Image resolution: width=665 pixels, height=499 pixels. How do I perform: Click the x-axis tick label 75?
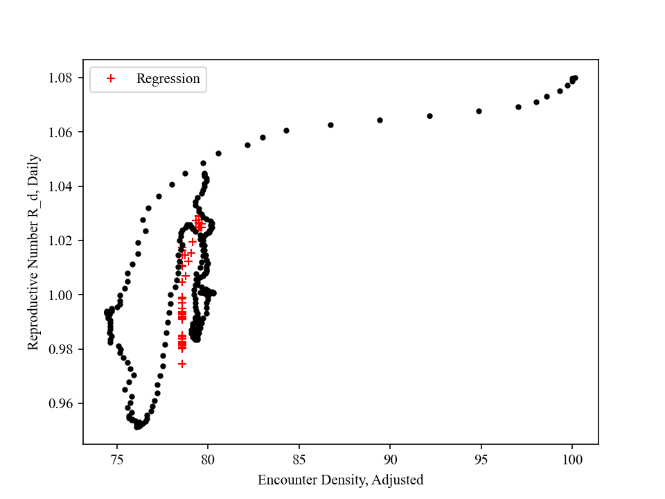(x=116, y=459)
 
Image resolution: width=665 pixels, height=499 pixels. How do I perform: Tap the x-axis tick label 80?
(x=208, y=459)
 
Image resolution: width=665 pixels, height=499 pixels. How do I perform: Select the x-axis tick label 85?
(x=299, y=459)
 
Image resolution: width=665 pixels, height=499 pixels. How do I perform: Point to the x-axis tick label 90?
(x=390, y=459)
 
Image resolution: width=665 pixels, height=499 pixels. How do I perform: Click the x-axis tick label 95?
(x=481, y=459)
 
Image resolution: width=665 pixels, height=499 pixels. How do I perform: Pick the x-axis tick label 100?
(x=572, y=459)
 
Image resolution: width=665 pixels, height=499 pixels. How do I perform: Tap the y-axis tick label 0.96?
(x=62, y=403)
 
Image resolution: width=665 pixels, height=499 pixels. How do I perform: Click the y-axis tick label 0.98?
(x=62, y=349)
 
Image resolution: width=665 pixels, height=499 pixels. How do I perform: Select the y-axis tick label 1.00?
(x=62, y=295)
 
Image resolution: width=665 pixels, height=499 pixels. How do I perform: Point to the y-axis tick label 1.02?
(x=62, y=240)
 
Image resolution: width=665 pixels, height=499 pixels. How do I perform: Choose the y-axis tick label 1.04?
(x=62, y=186)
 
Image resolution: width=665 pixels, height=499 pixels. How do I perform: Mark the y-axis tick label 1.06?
(x=62, y=132)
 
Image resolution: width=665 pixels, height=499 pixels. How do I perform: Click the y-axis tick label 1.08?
(x=62, y=78)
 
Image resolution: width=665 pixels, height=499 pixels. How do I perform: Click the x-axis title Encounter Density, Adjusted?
(x=340, y=480)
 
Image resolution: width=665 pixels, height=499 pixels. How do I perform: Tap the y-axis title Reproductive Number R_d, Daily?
(x=33, y=252)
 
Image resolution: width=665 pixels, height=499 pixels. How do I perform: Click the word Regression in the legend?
(x=168, y=79)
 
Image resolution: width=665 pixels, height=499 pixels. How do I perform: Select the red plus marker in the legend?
(x=110, y=79)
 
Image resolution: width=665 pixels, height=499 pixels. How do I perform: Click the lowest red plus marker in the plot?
(x=182, y=364)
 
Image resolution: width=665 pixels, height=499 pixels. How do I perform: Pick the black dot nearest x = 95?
(x=479, y=111)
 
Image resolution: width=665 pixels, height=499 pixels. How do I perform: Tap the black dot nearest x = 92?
(x=429, y=116)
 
